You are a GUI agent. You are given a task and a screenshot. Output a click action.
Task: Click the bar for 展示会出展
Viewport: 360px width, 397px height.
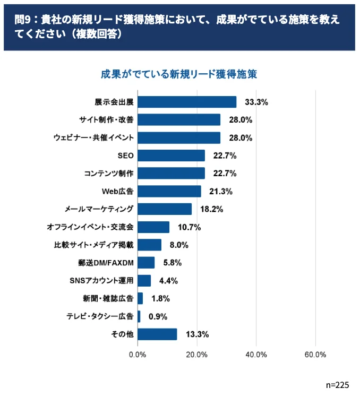click(x=187, y=102)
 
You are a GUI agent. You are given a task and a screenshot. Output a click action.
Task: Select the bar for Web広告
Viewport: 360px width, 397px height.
click(x=169, y=191)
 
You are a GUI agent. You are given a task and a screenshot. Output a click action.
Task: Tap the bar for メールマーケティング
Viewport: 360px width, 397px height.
click(x=165, y=209)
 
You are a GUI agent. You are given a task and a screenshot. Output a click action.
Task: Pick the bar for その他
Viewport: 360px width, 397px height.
click(x=157, y=334)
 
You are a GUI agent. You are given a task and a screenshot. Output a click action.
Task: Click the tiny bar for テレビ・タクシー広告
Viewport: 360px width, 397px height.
click(x=139, y=316)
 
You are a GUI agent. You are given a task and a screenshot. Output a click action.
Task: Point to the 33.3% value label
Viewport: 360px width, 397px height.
click(x=256, y=102)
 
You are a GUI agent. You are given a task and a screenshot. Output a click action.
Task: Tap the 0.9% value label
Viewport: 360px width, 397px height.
click(x=158, y=316)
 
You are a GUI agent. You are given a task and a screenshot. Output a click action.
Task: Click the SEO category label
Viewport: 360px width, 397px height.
click(x=125, y=156)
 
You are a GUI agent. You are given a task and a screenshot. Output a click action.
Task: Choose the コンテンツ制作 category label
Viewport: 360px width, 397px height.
click(x=109, y=174)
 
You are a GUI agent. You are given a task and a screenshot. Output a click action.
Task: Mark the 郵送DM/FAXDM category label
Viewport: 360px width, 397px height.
click(x=106, y=263)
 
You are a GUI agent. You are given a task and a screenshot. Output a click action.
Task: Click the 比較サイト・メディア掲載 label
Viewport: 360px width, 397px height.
click(x=94, y=245)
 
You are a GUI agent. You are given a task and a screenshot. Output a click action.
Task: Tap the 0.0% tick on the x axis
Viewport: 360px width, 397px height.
click(x=138, y=355)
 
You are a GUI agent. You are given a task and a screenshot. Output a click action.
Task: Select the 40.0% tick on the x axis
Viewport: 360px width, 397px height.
click(x=256, y=355)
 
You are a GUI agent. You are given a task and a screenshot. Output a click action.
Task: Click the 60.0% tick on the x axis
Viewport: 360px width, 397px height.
click(x=315, y=355)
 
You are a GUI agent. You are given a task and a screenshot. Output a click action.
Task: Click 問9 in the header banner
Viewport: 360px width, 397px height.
click(x=22, y=19)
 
